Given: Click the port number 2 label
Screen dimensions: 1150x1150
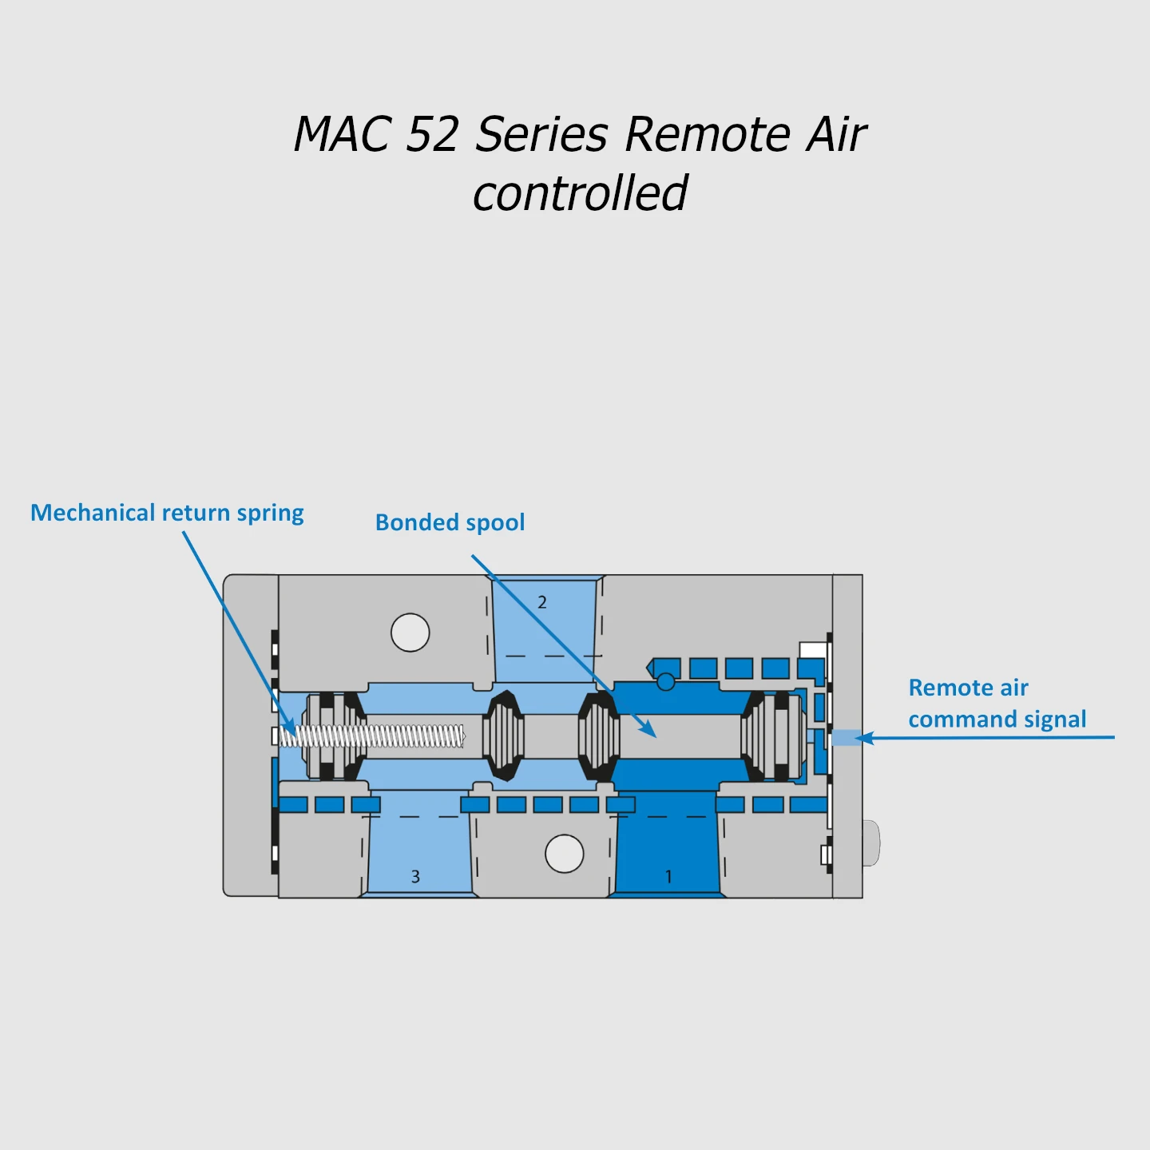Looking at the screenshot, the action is pos(542,602).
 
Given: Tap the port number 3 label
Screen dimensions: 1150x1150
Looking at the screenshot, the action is pos(415,876).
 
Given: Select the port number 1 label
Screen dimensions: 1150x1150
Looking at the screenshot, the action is pos(668,876).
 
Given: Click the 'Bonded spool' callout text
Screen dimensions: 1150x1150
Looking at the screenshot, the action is pos(450,523).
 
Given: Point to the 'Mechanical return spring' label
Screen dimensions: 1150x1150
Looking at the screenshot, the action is pos(167,514).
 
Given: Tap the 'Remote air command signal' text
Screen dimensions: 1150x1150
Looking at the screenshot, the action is pos(997,704).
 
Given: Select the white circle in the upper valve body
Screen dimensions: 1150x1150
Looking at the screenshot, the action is pos(410,632).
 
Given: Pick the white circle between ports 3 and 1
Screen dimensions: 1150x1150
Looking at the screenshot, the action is pos(564,854).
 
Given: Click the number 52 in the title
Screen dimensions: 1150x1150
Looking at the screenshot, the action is pos(432,133).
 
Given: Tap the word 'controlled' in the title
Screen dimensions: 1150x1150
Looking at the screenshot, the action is pos(580,193).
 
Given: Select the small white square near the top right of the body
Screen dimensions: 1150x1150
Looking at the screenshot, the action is pos(813,649).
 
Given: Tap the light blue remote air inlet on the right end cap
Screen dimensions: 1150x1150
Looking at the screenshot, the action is pos(847,738).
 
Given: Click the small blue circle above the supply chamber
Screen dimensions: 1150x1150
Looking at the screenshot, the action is pos(665,681).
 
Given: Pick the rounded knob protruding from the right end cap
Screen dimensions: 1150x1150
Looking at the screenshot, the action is pos(871,843).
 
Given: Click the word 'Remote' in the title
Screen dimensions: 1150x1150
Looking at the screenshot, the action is pos(705,133).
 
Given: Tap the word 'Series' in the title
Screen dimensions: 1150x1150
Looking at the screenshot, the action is pos(541,133).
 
